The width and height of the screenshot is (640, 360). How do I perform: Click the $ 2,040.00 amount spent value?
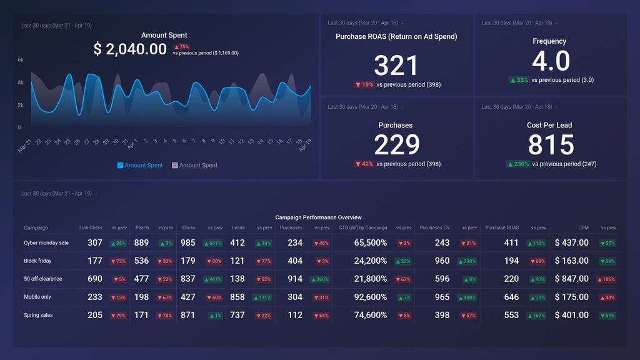[x=130, y=49]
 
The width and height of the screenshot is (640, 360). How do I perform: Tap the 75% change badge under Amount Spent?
[x=181, y=47]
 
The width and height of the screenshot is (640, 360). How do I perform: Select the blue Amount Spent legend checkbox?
[x=121, y=166]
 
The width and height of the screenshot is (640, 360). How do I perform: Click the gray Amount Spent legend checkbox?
[x=175, y=166]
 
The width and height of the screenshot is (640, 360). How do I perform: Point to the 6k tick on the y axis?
[x=21, y=60]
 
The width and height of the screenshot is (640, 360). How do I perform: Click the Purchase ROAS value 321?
[x=396, y=66]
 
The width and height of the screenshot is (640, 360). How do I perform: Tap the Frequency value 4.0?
[x=551, y=61]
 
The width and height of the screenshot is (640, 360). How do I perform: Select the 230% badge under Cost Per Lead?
[x=519, y=164]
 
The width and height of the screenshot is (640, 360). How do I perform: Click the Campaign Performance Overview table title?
[x=319, y=217]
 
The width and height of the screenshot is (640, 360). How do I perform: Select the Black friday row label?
[x=37, y=261]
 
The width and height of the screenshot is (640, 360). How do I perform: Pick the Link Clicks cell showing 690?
[x=95, y=279]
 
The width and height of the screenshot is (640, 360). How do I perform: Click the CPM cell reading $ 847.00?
[x=571, y=279]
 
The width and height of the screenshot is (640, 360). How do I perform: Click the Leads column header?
[x=237, y=228]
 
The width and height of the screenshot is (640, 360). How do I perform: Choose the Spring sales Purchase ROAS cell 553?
[x=511, y=315]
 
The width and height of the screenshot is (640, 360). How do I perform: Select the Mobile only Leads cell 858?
[x=237, y=297]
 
